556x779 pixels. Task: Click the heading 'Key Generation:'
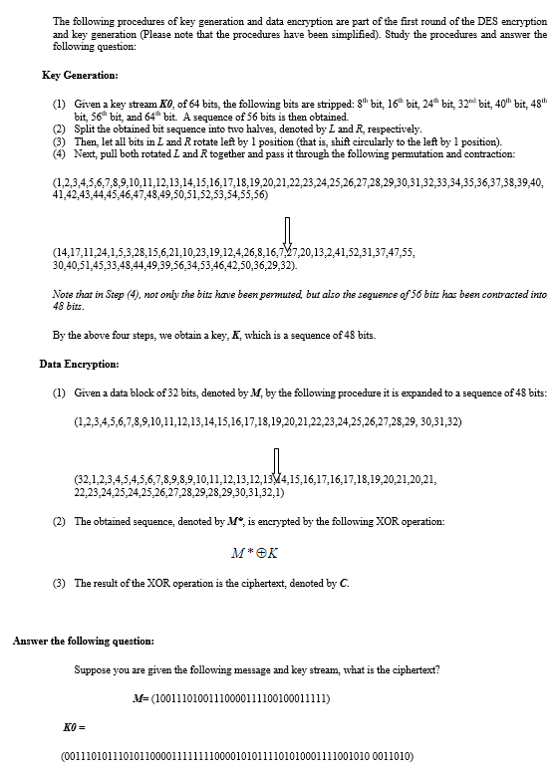point(81,76)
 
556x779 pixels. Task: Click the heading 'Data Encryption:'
point(80,364)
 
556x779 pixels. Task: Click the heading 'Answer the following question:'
point(83,640)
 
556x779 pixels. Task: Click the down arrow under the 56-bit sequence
point(287,233)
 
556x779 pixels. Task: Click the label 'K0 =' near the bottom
point(76,729)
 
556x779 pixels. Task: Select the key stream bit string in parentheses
point(237,755)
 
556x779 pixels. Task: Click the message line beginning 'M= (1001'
point(232,697)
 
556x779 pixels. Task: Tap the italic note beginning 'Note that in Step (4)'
point(299,301)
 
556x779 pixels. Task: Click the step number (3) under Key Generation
point(59,141)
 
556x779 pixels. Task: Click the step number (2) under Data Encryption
point(59,521)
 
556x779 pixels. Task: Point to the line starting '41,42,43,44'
point(159,195)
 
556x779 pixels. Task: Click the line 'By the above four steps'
point(213,335)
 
